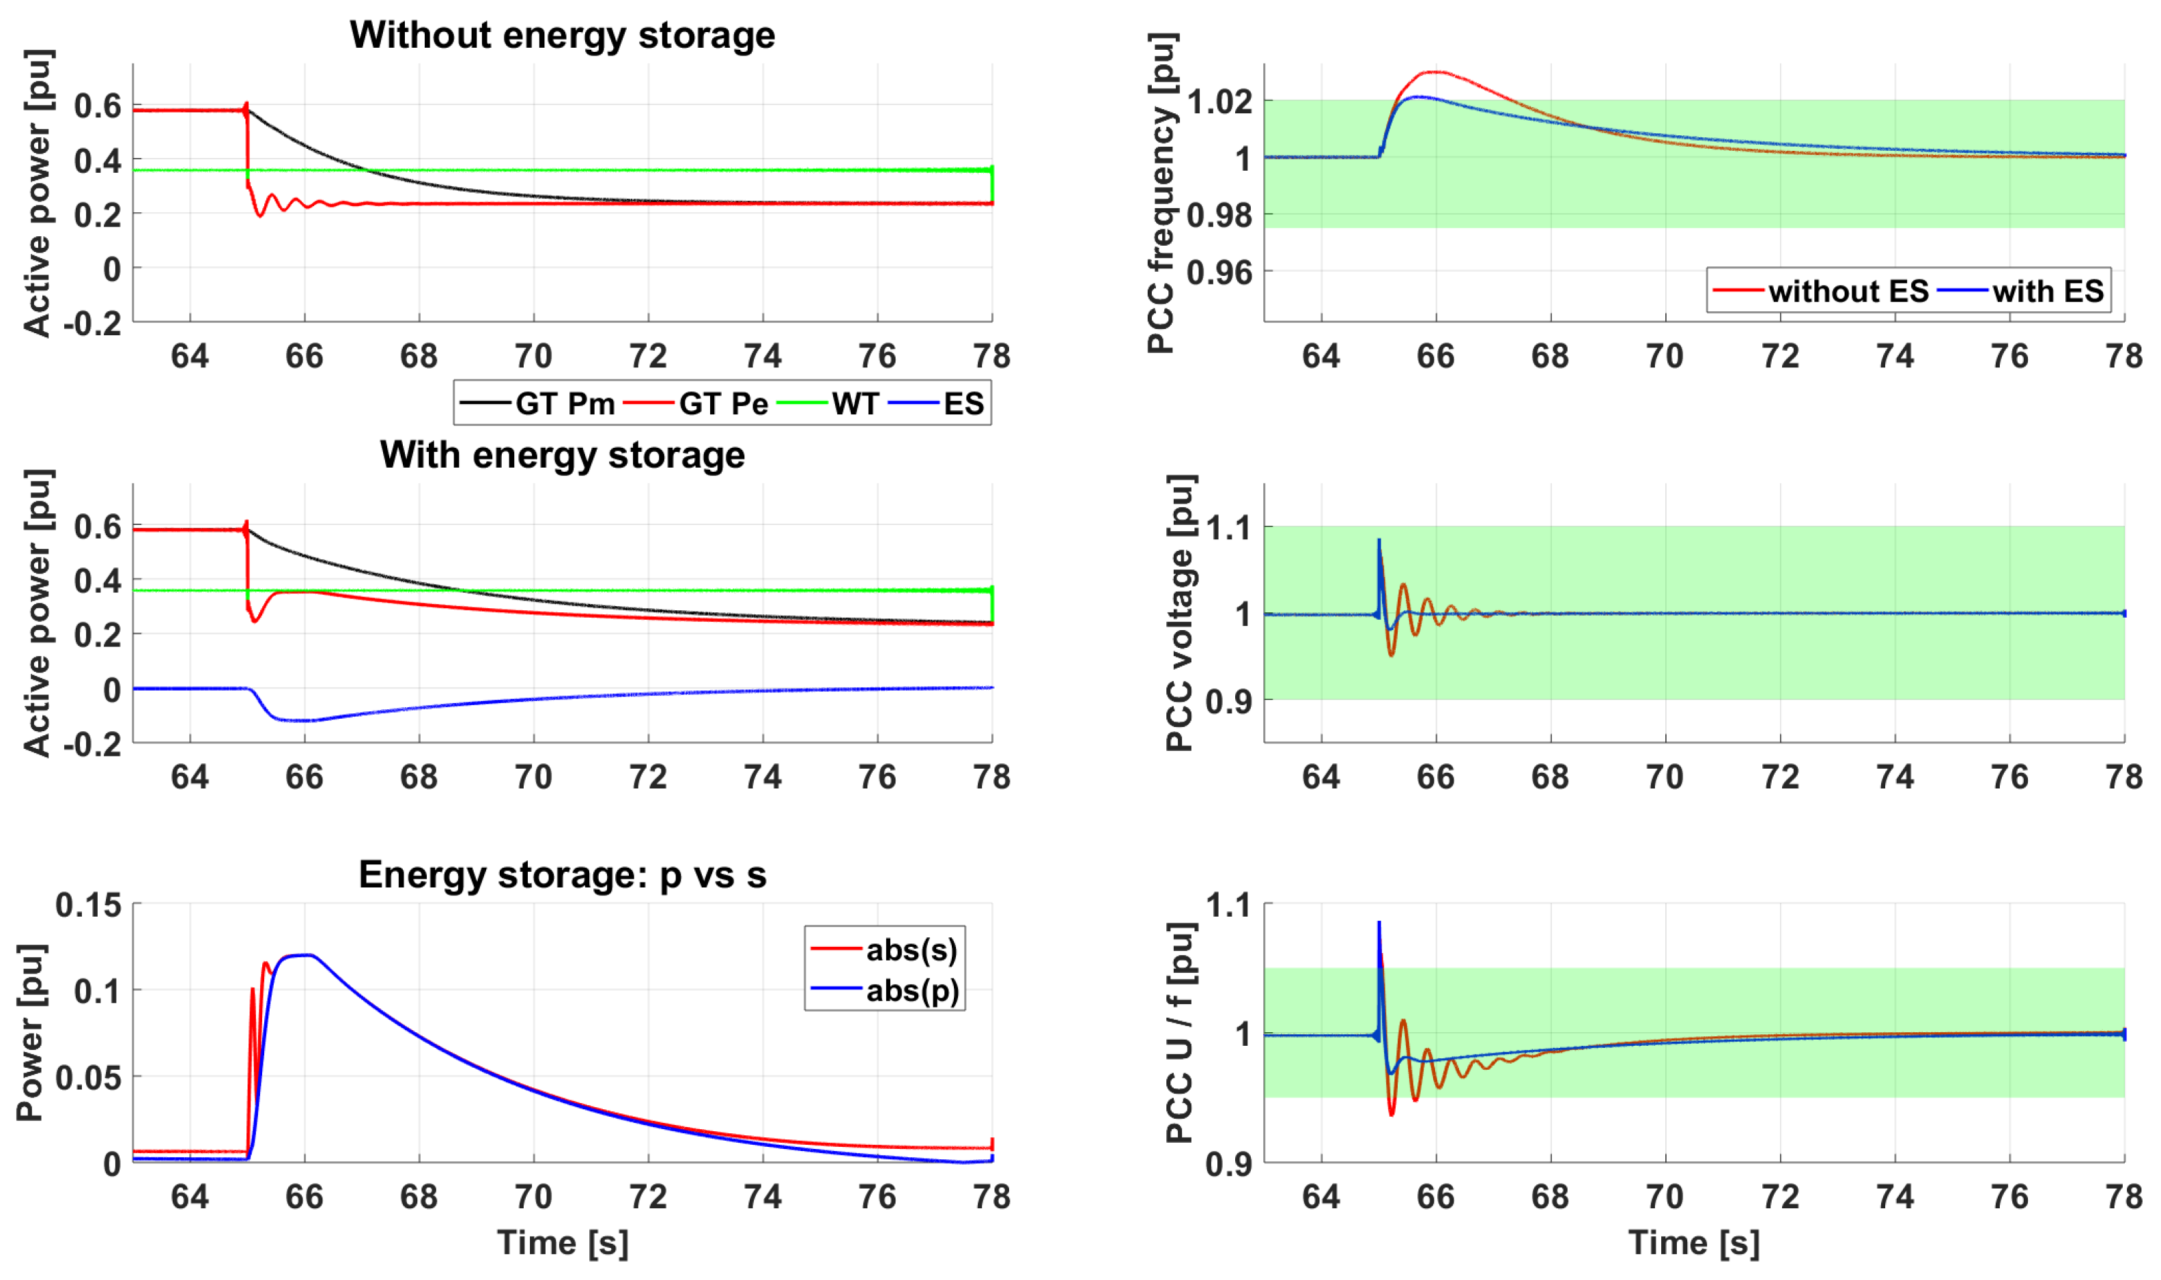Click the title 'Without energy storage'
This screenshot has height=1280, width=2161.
tap(562, 35)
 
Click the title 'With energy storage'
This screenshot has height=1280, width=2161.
tap(562, 455)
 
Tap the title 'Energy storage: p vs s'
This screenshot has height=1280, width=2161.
tap(562, 874)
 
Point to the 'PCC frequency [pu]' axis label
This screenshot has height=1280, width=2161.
tap(1161, 193)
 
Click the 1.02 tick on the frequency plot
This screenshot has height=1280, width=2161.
tap(1219, 101)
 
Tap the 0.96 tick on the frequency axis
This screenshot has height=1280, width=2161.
tap(1219, 272)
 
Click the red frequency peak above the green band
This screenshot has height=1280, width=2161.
tap(1435, 72)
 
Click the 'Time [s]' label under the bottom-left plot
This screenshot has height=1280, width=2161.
tap(562, 1243)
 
